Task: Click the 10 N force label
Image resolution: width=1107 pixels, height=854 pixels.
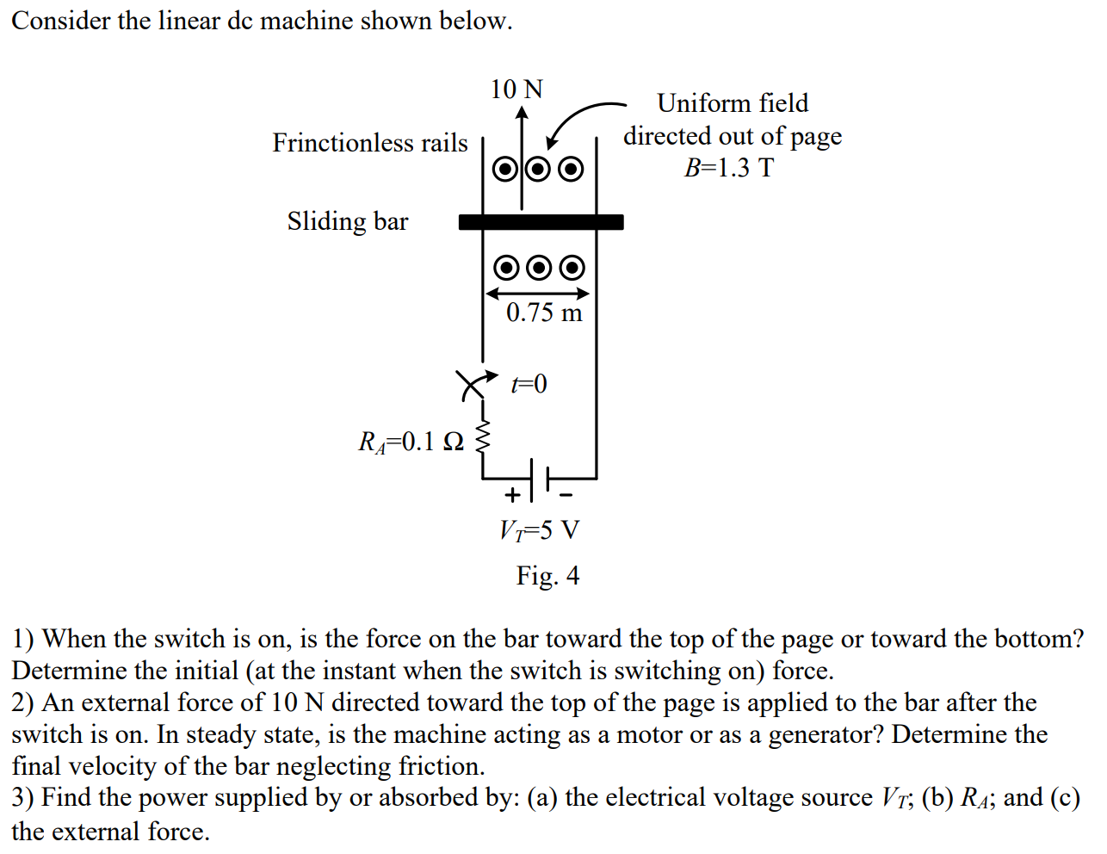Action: (516, 89)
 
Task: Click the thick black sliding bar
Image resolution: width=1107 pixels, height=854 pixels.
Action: (541, 222)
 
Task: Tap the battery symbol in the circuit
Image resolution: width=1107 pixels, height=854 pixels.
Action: (540, 479)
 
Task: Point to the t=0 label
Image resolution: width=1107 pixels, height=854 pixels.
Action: (529, 383)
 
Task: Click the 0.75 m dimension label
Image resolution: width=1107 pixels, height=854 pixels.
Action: (544, 313)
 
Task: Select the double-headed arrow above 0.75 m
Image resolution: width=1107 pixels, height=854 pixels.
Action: (538, 294)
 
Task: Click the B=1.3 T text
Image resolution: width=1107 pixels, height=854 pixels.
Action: (728, 167)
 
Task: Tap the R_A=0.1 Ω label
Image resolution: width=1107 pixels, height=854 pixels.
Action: (411, 442)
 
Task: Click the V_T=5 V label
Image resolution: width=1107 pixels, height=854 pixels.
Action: (540, 529)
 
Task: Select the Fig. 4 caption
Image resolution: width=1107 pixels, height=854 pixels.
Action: (547, 575)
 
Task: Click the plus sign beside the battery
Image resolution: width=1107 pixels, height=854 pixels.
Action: (512, 495)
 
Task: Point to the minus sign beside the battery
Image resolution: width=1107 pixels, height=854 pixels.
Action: (566, 495)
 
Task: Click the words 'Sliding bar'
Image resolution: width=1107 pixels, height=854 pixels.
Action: (348, 221)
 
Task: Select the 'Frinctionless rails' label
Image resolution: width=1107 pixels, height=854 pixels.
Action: (370, 142)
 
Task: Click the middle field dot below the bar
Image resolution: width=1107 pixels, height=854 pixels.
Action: (539, 268)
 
